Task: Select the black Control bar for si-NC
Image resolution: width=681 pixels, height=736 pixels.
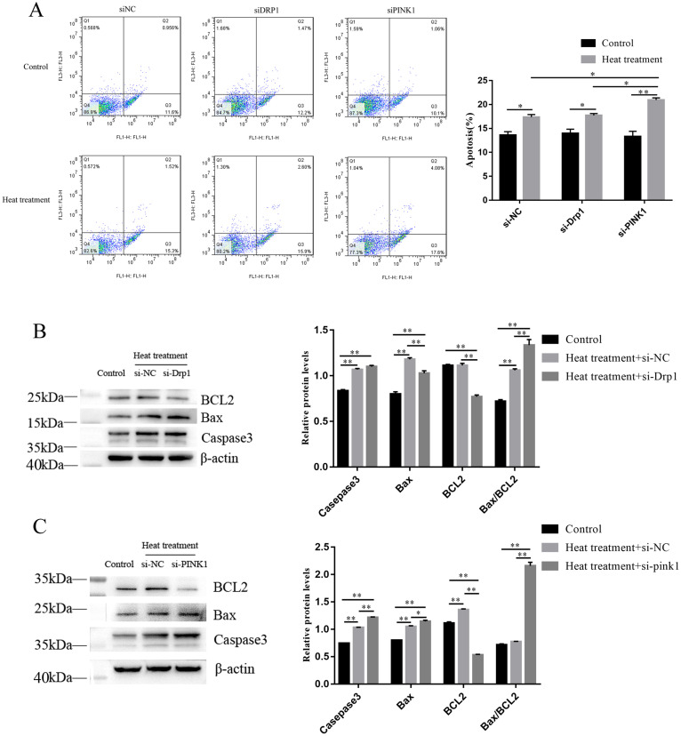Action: coord(507,167)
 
